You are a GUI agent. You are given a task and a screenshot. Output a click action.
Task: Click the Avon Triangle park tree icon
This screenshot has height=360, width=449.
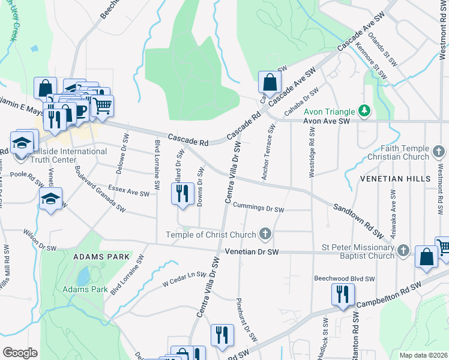[364, 110]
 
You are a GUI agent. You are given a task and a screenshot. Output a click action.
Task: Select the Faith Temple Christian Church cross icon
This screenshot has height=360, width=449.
[439, 149]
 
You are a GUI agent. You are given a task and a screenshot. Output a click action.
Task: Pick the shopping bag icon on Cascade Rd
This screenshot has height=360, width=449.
[270, 82]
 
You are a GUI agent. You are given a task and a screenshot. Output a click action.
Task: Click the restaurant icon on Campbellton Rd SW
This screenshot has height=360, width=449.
[343, 295]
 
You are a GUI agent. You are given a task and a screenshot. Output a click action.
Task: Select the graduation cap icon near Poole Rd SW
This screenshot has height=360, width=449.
[51, 200]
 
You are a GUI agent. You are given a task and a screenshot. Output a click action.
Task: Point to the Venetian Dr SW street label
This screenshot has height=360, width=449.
[255, 252]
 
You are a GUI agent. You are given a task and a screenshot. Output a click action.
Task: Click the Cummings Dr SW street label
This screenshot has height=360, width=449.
[258, 208]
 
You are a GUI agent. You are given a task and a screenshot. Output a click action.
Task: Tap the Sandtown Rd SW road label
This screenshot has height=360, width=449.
[358, 217]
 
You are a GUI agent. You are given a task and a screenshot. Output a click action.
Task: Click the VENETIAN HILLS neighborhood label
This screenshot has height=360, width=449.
[396, 179]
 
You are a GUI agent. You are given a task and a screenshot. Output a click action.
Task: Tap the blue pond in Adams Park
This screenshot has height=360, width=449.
[83, 277]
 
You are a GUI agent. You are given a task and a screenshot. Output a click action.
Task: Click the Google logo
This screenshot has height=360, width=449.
[20, 352]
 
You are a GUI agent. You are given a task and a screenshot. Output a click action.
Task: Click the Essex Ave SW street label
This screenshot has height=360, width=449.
[129, 193]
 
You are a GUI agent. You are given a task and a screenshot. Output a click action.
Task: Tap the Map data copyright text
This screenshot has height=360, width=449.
[423, 355]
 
